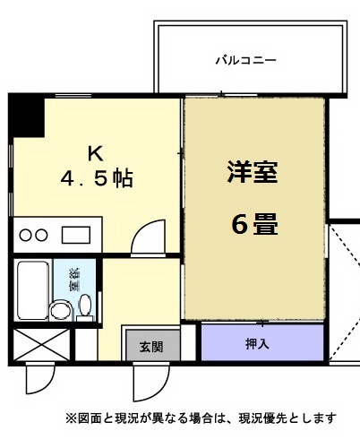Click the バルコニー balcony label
(x=245, y=61)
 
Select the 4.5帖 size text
(x=98, y=178)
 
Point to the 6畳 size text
(x=253, y=224)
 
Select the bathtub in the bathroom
(x=32, y=291)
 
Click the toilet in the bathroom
(x=85, y=307)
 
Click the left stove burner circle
(x=27, y=236)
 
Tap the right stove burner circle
(x=42, y=236)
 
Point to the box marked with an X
(x=40, y=345)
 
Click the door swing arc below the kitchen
(x=145, y=240)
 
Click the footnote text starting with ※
(x=200, y=418)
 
